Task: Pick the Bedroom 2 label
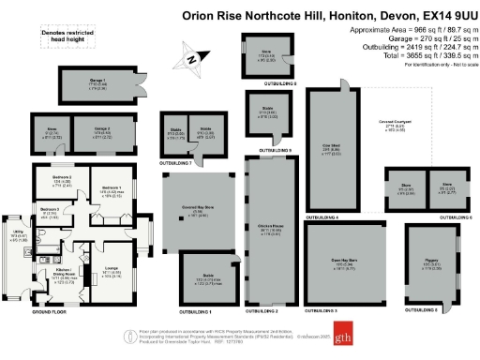coord(63,178)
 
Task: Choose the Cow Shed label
coord(331,145)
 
